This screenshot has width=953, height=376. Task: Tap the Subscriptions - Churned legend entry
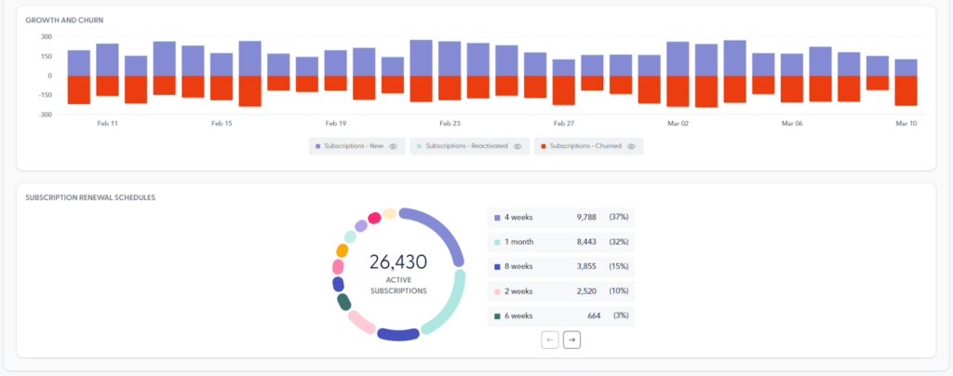tap(582, 146)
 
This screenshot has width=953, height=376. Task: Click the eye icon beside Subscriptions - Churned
tap(632, 146)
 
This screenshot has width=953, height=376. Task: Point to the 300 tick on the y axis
tap(46, 37)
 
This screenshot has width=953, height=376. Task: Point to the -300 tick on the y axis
tap(45, 114)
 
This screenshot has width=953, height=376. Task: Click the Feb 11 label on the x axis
tap(107, 123)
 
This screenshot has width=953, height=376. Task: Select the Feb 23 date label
tap(450, 123)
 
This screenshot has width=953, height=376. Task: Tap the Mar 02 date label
tap(678, 123)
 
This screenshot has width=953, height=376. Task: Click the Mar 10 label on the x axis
tap(906, 123)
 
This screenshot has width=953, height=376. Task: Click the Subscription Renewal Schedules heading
tap(90, 197)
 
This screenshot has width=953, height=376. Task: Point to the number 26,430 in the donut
tap(398, 264)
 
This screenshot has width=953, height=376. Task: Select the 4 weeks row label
tap(518, 217)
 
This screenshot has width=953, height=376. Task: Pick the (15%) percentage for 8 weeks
tap(619, 267)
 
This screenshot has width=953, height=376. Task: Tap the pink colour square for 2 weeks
tap(498, 291)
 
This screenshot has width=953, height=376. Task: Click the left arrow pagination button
tap(550, 341)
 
